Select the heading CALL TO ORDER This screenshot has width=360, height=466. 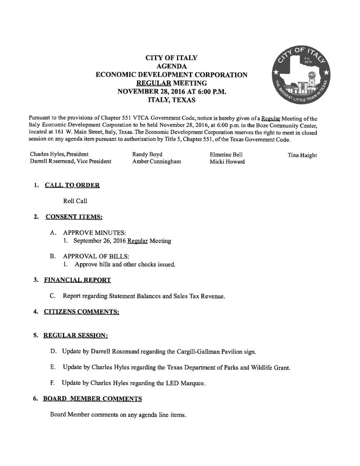pyautogui.click(x=73, y=185)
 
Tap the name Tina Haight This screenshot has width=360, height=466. pyautogui.click(x=302, y=155)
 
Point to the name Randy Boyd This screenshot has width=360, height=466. pyautogui.click(x=147, y=155)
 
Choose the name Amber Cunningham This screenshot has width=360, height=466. pyautogui.click(x=157, y=162)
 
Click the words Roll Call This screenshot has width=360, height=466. pyautogui.click(x=75, y=201)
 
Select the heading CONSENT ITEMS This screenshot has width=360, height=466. pyautogui.click(x=74, y=217)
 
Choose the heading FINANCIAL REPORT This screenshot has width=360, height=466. pyautogui.click(x=77, y=280)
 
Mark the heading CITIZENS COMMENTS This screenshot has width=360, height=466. pyautogui.click(x=81, y=311)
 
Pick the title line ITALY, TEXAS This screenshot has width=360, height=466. pyautogui.click(x=172, y=100)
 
